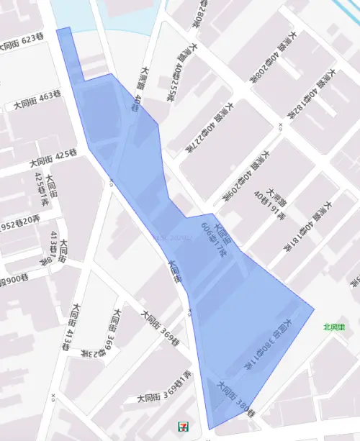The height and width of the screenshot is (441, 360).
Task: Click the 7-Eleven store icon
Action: pyautogui.click(x=184, y=425)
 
